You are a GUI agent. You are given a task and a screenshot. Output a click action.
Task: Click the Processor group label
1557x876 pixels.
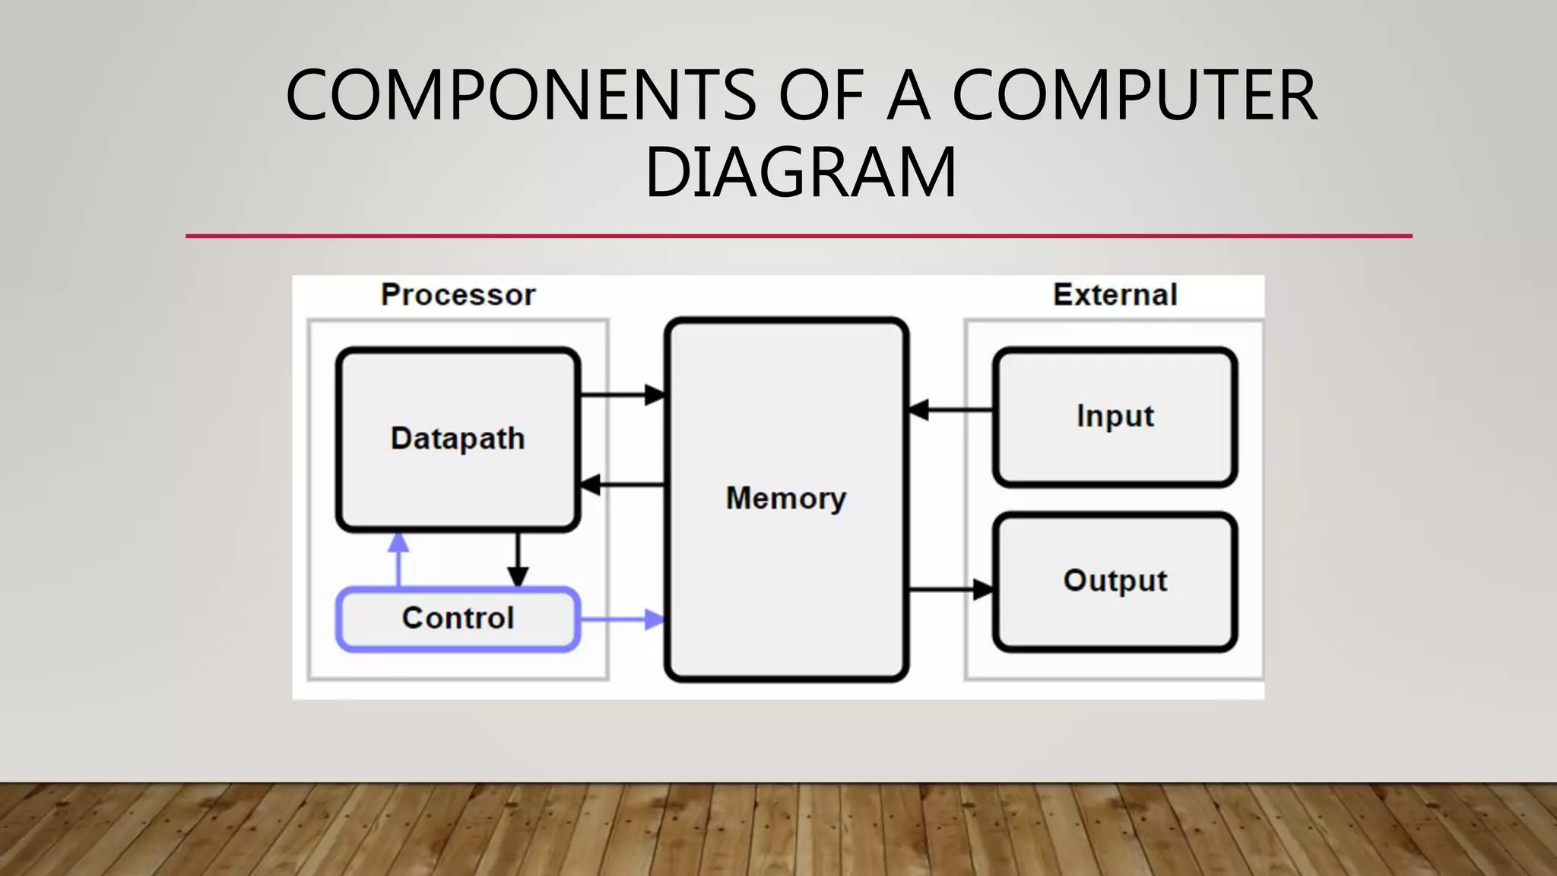pos(458,295)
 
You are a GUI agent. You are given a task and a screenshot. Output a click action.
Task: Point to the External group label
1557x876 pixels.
pos(1115,295)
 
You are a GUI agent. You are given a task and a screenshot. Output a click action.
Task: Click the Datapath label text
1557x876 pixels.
pos(458,439)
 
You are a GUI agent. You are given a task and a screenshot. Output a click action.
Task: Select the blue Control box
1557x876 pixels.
pos(458,619)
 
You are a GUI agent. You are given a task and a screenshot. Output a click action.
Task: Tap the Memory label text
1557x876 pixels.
pos(786,499)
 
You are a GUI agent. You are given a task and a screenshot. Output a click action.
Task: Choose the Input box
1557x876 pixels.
pos(1115,417)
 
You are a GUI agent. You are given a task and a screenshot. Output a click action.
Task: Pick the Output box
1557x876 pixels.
pos(1115,582)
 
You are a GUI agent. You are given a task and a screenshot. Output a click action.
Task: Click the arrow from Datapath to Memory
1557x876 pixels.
pos(622,395)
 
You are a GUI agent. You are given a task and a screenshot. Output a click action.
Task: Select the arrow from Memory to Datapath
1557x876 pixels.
pos(622,484)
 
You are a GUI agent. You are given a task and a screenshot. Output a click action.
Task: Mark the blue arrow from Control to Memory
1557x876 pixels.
pos(622,619)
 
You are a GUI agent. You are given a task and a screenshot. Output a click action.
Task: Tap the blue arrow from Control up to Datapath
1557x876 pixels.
pos(398,559)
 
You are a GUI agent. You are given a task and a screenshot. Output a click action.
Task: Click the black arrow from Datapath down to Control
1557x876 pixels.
pos(518,559)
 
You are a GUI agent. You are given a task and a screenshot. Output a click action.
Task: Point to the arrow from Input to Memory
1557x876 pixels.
pos(950,410)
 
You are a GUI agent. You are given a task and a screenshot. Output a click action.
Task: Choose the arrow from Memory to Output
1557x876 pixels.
pos(950,589)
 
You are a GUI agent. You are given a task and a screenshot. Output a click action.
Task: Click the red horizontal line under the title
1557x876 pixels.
pos(798,236)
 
